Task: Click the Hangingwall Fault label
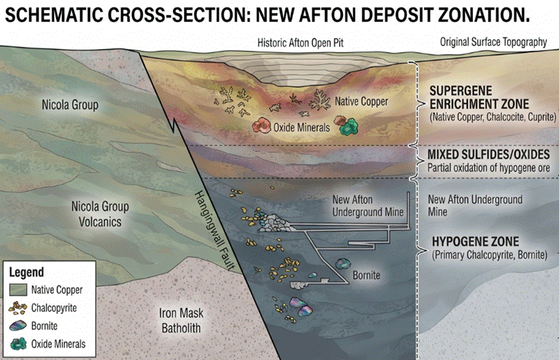[x=215, y=230]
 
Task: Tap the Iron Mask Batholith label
[x=181, y=321]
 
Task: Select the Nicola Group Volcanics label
[x=100, y=214]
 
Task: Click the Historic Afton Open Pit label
[x=300, y=43]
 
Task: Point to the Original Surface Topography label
[x=493, y=42]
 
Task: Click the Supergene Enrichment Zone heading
[x=479, y=97]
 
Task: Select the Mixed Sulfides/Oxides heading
[x=488, y=155]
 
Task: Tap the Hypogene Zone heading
[x=476, y=242]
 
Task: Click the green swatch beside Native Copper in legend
[x=18, y=290]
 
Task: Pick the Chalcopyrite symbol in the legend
[x=18, y=307]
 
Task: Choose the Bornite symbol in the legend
[x=18, y=326]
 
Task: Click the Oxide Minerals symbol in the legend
[x=18, y=344]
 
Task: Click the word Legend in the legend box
[x=26, y=272]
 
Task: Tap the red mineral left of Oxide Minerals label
[x=262, y=125]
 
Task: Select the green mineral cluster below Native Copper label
[x=348, y=126]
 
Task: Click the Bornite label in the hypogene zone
[x=366, y=275]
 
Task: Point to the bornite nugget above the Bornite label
[x=343, y=264]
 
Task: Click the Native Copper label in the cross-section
[x=361, y=102]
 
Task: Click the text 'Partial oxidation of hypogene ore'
[x=488, y=168]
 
